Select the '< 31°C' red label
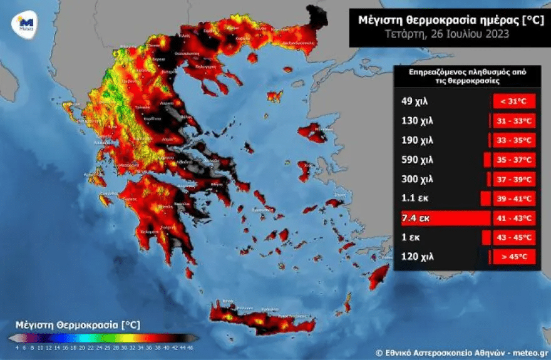(x=514, y=101)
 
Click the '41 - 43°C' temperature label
(x=514, y=218)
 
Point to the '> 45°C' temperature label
(x=514, y=257)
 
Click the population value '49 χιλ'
(x=416, y=101)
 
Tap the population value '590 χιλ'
(x=417, y=160)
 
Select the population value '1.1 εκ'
(x=415, y=198)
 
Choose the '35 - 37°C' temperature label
(x=514, y=160)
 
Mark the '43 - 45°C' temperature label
(x=514, y=237)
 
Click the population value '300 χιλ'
(x=417, y=179)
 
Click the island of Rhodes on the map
(x=379, y=277)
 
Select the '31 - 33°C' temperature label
(x=514, y=121)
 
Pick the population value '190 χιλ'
(x=417, y=140)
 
